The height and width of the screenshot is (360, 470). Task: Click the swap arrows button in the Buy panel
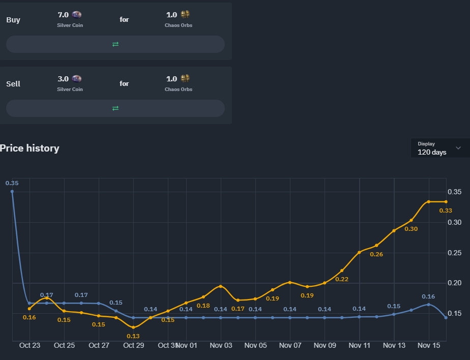tap(115, 44)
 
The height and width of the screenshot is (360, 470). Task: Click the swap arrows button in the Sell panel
tap(115, 108)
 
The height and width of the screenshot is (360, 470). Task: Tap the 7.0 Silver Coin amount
tap(64, 15)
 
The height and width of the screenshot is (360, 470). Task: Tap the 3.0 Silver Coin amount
tap(64, 79)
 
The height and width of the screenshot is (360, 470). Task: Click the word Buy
tap(13, 20)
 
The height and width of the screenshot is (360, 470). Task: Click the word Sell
tap(13, 84)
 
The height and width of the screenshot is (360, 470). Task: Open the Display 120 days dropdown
tap(439, 148)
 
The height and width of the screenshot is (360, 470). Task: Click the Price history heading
tap(30, 148)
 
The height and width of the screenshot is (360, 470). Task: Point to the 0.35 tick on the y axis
tap(454, 192)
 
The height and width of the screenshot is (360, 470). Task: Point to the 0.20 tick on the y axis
tap(454, 283)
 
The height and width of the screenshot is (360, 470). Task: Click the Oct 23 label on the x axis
tap(30, 345)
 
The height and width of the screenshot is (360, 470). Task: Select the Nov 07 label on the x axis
tap(290, 345)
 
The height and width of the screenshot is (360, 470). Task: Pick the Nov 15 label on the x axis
tap(429, 345)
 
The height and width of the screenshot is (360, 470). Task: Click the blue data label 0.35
tap(12, 183)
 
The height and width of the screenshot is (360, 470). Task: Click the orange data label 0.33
tap(446, 211)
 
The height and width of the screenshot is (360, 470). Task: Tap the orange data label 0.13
tap(133, 336)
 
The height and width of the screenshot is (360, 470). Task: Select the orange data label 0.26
tap(376, 254)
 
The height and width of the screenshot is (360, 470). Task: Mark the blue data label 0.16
tap(428, 296)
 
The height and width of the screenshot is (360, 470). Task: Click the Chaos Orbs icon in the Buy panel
tap(185, 15)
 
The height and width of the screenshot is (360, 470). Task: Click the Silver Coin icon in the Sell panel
tap(77, 79)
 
